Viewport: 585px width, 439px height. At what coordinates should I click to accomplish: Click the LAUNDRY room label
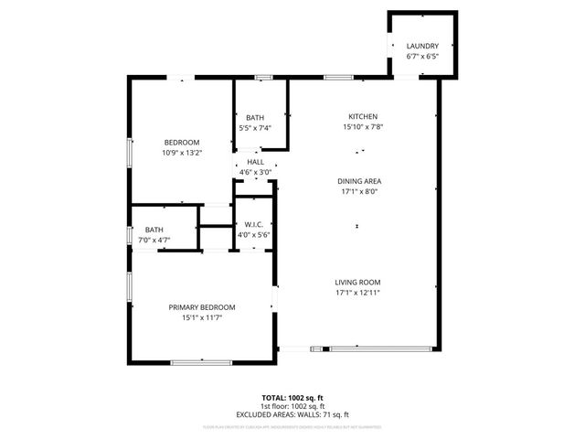[x=422, y=46]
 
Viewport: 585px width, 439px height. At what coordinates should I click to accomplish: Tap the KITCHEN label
[x=362, y=116]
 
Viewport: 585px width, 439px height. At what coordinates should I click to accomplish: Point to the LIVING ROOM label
[x=357, y=283]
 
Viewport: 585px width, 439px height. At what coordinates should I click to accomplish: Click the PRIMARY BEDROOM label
[x=202, y=307]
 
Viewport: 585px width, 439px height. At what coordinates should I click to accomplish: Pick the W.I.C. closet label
[x=253, y=225]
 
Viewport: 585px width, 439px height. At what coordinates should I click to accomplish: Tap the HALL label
[x=256, y=162]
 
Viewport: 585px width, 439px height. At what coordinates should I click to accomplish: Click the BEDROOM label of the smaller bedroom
[x=182, y=142]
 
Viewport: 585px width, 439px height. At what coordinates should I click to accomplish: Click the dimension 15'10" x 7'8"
[x=362, y=127]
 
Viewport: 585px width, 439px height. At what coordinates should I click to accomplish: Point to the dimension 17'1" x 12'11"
[x=357, y=294]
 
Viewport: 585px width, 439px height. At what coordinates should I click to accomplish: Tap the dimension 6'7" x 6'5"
[x=422, y=57]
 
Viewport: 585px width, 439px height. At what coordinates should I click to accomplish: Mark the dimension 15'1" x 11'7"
[x=202, y=317]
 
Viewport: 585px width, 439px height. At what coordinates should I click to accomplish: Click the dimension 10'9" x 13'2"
[x=182, y=152]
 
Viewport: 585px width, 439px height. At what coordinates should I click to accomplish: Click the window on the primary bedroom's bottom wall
[x=200, y=363]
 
